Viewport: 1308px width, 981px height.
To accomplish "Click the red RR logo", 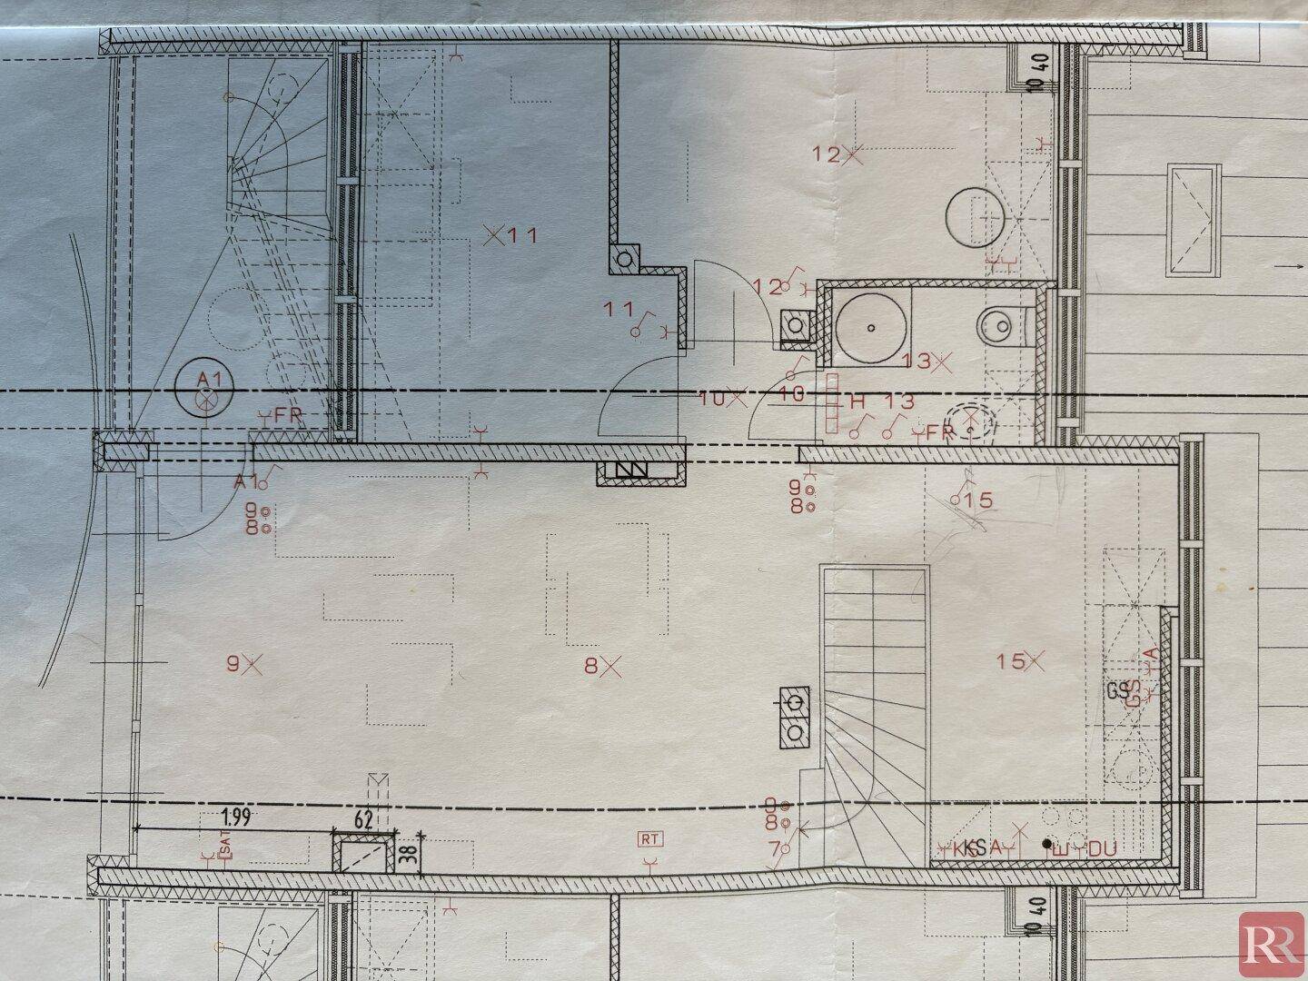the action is point(1272,945).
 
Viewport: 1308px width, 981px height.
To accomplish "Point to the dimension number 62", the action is point(364,819).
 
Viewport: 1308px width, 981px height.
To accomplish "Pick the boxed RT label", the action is point(649,839).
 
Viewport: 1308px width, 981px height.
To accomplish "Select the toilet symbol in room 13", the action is point(999,322).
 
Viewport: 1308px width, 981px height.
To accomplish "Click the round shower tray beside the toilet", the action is point(870,324).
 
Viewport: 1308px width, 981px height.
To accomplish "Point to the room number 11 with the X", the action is point(511,236).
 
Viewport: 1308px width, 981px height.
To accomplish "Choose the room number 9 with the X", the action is point(243,665).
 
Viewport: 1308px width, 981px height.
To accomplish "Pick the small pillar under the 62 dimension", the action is point(365,855).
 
